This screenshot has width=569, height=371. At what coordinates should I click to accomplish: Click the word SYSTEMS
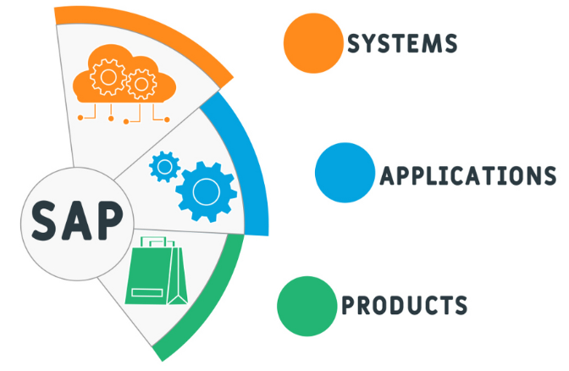pos(402,43)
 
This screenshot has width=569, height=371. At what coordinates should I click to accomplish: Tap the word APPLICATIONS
pos(468,175)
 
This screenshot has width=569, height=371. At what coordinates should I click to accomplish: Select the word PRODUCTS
pos(404,305)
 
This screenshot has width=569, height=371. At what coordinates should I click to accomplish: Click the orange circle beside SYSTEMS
pos(313,43)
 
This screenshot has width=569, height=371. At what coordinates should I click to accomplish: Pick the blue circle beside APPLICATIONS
pos(345,173)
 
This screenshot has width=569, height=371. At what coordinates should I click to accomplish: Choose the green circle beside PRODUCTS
pos(307,306)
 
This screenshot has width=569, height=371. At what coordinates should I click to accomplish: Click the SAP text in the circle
pos(77,221)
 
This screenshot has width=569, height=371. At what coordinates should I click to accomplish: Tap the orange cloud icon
pos(124,75)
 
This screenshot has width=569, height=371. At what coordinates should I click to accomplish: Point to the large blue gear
pos(206,191)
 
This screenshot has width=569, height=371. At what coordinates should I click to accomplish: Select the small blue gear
pos(165,167)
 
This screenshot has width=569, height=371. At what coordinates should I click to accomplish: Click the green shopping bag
pos(156,270)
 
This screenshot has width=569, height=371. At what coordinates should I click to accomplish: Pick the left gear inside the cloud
pos(108,77)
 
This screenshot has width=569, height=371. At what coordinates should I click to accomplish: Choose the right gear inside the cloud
pos(141,84)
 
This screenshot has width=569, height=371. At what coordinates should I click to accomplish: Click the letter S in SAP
pos(44,221)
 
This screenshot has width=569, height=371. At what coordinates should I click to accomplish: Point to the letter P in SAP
pos(109,221)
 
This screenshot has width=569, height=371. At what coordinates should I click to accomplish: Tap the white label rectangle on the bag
pos(147,292)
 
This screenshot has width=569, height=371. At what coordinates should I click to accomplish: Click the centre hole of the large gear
pos(206,191)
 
